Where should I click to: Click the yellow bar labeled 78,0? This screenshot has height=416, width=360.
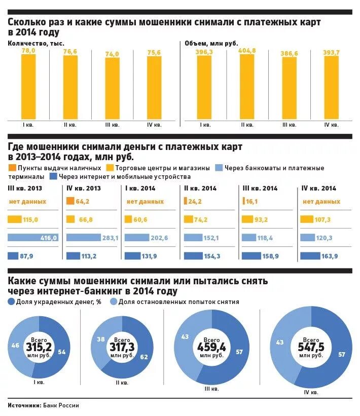[28, 86]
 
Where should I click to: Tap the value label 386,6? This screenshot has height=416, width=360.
[290, 53]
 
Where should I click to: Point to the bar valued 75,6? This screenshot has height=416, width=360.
[154, 87]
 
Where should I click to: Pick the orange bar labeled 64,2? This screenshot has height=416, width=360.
[69, 201]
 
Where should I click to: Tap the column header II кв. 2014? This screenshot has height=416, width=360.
[200, 188]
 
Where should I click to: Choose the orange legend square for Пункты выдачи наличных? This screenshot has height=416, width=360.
[12, 168]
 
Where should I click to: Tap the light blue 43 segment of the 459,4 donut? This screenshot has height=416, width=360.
[185, 336]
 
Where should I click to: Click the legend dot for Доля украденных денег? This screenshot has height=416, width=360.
[12, 302]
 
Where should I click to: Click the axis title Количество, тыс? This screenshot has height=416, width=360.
[35, 44]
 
